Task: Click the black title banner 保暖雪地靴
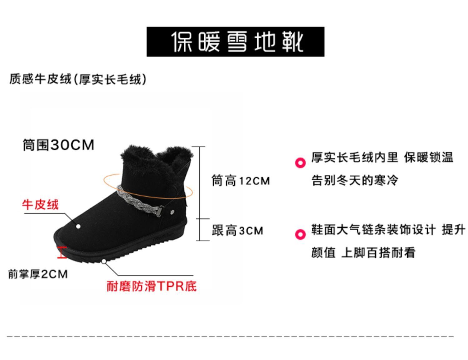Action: coord(235,42)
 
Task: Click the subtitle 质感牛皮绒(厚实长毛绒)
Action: coord(78,79)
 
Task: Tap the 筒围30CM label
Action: coord(58,145)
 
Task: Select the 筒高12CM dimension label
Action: coord(241,181)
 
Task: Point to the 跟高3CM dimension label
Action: coord(237,231)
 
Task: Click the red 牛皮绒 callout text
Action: coord(40,205)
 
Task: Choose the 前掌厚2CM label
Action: coord(38,274)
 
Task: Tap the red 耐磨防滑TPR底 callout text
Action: coord(152,286)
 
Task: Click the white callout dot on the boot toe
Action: coord(78,226)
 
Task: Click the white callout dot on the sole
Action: coord(104,261)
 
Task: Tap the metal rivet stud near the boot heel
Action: coord(173,212)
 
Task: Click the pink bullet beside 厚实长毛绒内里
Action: coord(300,163)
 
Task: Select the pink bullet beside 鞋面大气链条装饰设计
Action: coord(300,234)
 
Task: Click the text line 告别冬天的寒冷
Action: coord(355,180)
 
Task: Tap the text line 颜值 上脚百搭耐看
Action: coord(363,252)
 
